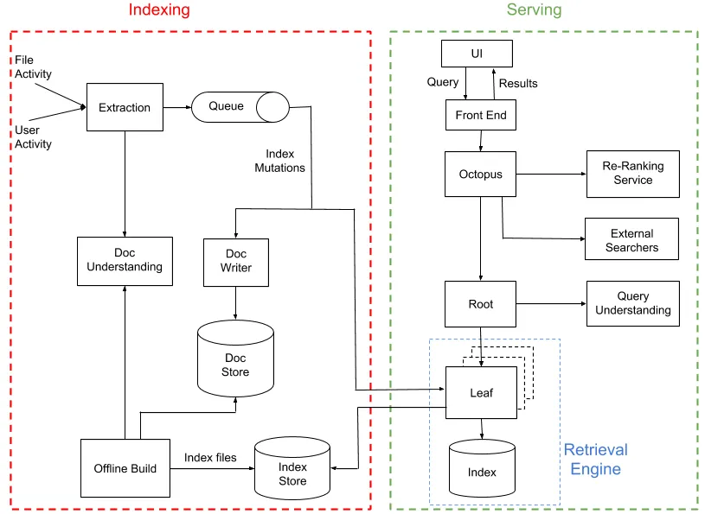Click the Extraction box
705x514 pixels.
point(125,107)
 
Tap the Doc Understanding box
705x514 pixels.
point(125,260)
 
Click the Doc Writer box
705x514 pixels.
point(235,261)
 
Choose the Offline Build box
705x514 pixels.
point(125,468)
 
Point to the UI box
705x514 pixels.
point(477,54)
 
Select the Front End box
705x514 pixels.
point(481,115)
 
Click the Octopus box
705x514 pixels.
point(481,175)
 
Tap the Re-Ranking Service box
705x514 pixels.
point(633,174)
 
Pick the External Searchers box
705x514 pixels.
point(633,240)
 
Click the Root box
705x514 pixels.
point(481,304)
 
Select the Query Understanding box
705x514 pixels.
point(633,303)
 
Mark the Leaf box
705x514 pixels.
point(481,392)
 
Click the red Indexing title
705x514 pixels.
point(159,10)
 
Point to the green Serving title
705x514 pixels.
point(534,10)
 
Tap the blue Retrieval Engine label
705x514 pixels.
point(596,460)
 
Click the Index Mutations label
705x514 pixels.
point(279,161)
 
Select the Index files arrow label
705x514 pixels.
point(209,457)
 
